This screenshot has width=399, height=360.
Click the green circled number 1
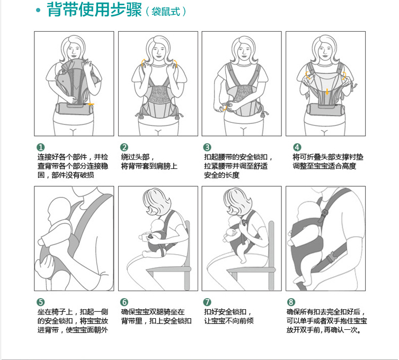pos(41,147)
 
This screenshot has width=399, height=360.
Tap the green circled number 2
pos(124,147)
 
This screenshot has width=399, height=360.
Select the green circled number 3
pos(207,147)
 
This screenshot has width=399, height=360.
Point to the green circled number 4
pos(297,147)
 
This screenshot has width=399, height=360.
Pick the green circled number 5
pos(41,302)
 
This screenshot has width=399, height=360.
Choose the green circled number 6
pos(124,302)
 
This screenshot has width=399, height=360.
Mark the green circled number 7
pos(207,302)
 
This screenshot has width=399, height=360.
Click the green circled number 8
pos(291,302)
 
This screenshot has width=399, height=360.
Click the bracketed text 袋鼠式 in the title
pos(166,12)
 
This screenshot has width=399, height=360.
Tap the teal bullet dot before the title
pos(39,11)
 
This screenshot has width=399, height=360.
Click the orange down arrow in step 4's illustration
pos(327,92)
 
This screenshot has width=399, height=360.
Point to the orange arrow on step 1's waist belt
pos(91,104)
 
